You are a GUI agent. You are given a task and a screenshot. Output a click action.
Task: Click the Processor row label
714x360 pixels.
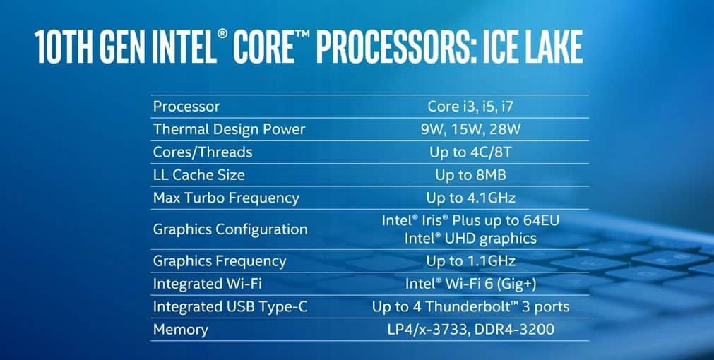pos(186,107)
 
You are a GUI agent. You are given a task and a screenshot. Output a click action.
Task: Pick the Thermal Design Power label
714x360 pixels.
pos(229,129)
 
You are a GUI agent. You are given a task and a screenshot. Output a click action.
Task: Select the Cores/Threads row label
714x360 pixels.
pos(203,152)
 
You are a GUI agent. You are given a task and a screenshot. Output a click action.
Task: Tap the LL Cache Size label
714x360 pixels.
pos(198,175)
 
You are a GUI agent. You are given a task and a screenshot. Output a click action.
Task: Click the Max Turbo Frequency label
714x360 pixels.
pos(226,198)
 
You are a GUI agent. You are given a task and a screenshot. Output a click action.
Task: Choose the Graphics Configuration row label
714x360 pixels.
pos(230,229)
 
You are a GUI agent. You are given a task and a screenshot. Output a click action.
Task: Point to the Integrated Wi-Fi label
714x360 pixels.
pos(207,284)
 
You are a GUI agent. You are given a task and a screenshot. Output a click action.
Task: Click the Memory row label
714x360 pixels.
pos(180,330)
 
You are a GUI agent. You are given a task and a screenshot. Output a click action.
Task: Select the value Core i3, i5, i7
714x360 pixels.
pos(470,107)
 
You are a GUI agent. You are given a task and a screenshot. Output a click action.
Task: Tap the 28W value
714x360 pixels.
pos(505,129)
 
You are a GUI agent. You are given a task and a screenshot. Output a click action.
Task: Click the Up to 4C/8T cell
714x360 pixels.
pos(470,152)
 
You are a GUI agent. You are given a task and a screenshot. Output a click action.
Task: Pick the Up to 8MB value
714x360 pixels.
pos(470,175)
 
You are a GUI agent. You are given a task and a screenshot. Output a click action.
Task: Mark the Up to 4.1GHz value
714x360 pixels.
pos(470,198)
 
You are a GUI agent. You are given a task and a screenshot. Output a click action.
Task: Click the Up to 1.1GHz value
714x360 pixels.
pos(470,260)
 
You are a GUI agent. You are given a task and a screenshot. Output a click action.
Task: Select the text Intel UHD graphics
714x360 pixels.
pos(470,238)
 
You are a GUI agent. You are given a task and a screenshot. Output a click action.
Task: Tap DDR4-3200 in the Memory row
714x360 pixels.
pos(514,330)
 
